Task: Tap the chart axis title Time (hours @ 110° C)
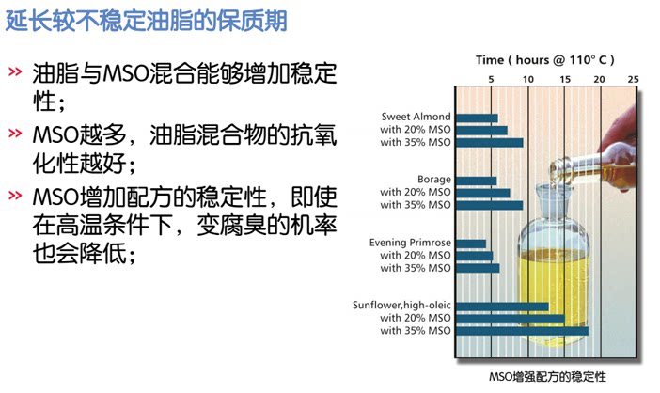coord(544,59)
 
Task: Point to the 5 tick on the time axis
coord(492,79)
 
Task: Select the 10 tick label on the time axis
coord(528,79)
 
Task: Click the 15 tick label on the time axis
coord(564,79)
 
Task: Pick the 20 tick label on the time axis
coord(599,79)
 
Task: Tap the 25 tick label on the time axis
coord(634,79)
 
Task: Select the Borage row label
coord(434,180)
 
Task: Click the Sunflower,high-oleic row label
coord(401,306)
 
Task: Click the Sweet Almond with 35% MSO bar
coord(489,143)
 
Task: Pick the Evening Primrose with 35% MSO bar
coord(478,268)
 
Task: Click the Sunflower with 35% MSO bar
coord(522,331)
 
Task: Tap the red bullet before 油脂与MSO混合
coord(16,71)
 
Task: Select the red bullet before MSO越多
coord(16,134)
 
